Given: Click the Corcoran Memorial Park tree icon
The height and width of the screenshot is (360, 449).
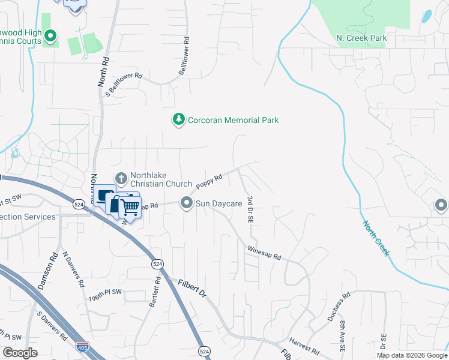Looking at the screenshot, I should [x=178, y=120].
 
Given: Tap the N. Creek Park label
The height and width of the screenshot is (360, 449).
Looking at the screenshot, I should [x=361, y=38].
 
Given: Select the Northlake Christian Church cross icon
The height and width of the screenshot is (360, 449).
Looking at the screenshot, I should [x=121, y=178].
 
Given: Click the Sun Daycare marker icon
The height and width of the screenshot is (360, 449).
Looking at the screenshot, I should [x=187, y=203].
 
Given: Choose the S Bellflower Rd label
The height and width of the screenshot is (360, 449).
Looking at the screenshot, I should [x=124, y=85].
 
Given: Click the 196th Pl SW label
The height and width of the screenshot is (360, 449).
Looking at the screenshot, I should [x=105, y=298].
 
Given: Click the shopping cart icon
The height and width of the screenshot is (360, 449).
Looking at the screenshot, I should [x=130, y=208].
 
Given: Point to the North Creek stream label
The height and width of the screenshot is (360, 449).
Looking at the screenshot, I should [x=376, y=238].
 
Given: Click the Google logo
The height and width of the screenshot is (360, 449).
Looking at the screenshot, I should [x=20, y=353].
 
